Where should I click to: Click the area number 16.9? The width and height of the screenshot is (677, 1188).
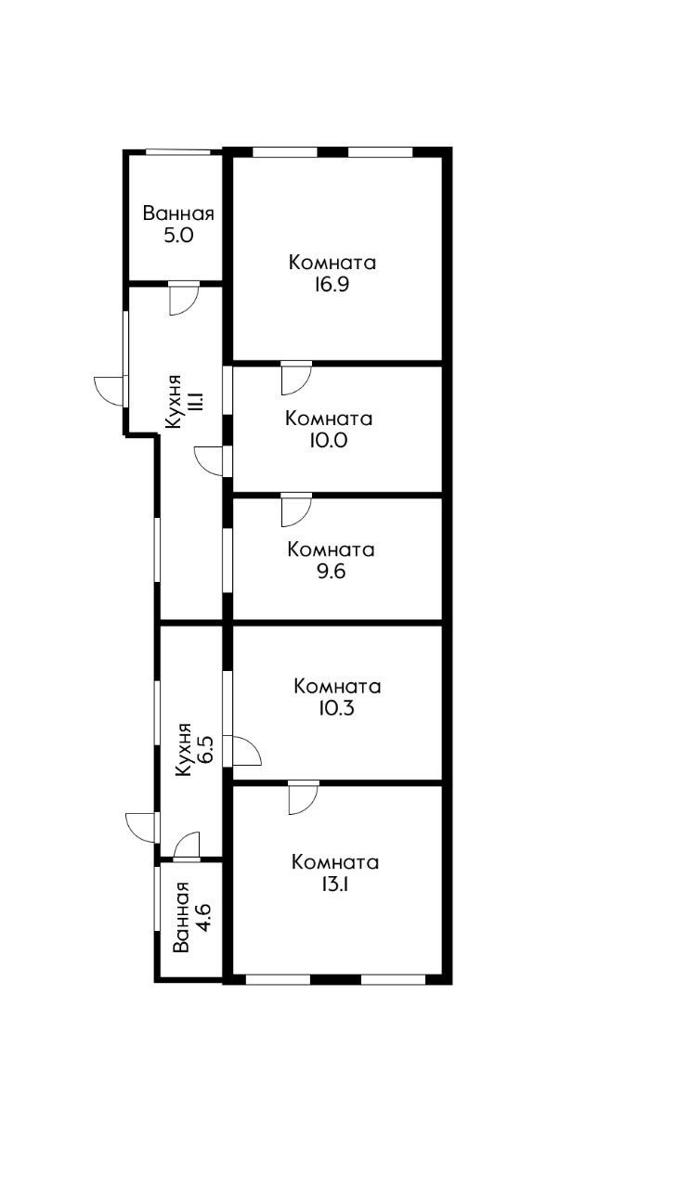pyautogui.click(x=332, y=285)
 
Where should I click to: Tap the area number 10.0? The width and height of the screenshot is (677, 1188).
pyautogui.click(x=330, y=441)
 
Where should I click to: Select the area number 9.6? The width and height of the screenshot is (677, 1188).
pyautogui.click(x=331, y=572)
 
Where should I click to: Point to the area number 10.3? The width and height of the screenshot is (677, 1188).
pyautogui.click(x=337, y=709)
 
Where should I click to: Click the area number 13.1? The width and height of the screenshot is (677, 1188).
pyautogui.click(x=334, y=885)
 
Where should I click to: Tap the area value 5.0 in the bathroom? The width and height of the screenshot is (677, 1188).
pyautogui.click(x=178, y=236)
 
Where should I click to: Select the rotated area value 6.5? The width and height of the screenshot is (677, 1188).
pyautogui.click(x=206, y=749)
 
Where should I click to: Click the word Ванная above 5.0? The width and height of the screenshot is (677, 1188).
pyautogui.click(x=178, y=213)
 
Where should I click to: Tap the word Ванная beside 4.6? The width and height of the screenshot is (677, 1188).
pyautogui.click(x=182, y=918)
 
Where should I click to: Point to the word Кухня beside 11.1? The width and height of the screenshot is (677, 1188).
pyautogui.click(x=174, y=401)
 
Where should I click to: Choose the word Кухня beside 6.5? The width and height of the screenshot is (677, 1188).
pyautogui.click(x=184, y=749)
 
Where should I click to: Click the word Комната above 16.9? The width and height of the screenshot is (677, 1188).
pyautogui.click(x=332, y=263)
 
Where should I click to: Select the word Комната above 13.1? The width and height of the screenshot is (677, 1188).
pyautogui.click(x=334, y=862)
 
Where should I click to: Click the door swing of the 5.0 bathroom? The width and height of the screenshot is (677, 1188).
pyautogui.click(x=183, y=298)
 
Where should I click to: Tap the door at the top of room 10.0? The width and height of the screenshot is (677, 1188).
pyautogui.click(x=295, y=377)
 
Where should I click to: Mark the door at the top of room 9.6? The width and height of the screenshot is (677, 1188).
pyautogui.click(x=295, y=509)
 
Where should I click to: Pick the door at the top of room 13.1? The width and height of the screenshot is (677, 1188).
pyautogui.click(x=303, y=797)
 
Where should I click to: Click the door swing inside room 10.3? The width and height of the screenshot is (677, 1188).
pyautogui.click(x=245, y=751)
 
